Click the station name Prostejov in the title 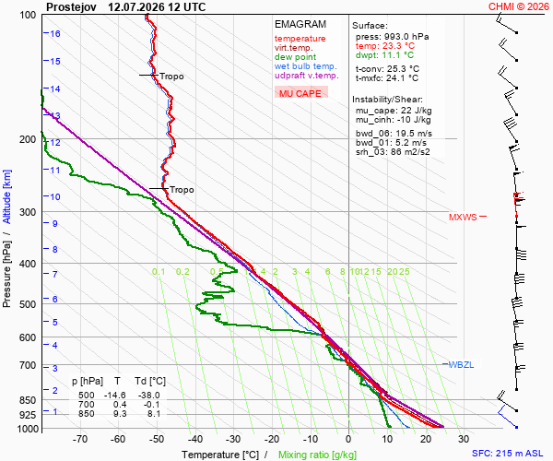[71, 7]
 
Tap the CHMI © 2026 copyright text [518, 6]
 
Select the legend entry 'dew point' [295, 57]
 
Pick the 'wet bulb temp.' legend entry [306, 66]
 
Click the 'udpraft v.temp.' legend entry [307, 75]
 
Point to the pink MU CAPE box [301, 93]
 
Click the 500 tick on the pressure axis [28, 304]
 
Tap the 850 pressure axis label [28, 400]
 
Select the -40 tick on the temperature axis [195, 439]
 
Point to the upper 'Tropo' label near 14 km [171, 77]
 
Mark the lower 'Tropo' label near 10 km [182, 190]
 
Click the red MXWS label [463, 218]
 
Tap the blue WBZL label [461, 365]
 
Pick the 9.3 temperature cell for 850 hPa [120, 413]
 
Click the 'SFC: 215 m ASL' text [508, 454]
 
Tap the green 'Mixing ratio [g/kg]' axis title [317, 455]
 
